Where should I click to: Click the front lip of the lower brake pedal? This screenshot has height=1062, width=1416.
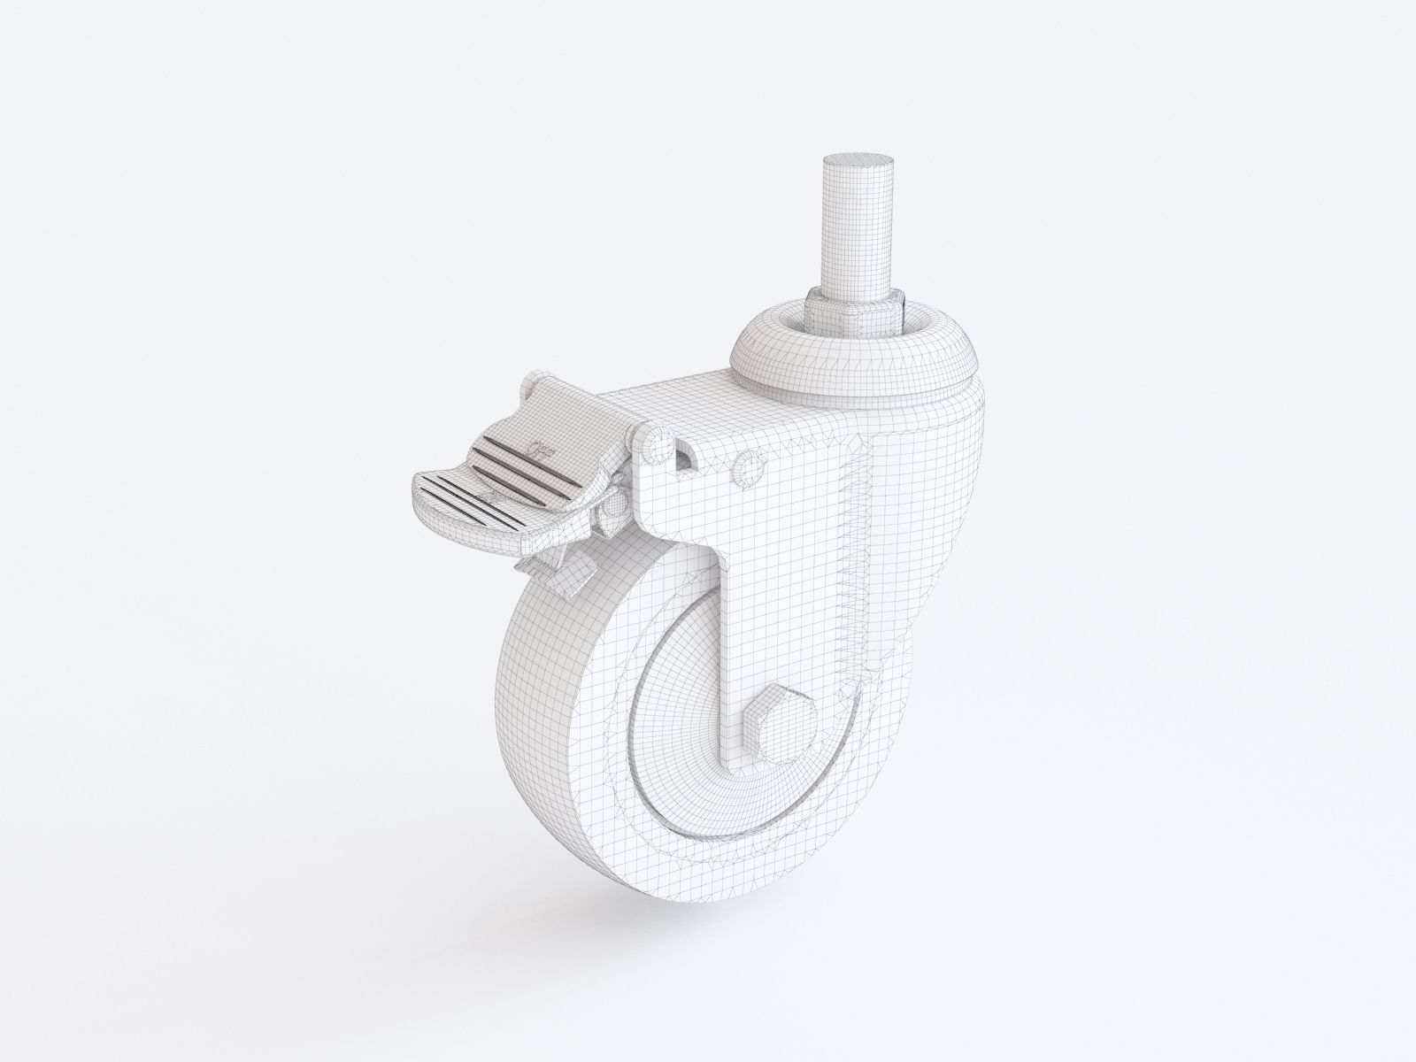click(442, 504)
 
